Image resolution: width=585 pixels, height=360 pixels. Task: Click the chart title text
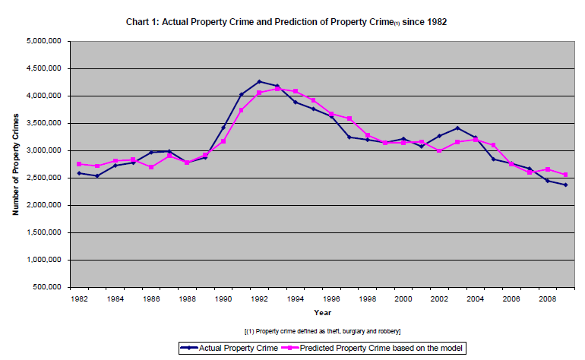286,22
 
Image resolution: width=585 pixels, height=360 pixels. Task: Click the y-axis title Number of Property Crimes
15,164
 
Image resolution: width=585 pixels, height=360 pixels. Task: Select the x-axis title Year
323,312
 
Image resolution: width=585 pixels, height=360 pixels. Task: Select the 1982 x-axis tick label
79,299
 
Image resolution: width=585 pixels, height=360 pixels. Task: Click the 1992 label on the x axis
259,299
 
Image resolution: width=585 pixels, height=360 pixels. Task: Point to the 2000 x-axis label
403,299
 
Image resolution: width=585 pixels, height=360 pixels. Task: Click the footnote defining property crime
323,332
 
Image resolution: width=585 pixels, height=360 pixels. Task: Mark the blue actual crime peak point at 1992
259,81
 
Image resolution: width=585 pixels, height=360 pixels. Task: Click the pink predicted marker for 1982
79,164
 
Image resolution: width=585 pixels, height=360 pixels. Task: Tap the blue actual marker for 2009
565,185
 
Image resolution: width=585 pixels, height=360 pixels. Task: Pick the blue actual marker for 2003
457,128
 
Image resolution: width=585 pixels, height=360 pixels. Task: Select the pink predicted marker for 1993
277,89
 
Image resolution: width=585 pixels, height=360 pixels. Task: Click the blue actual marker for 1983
97,176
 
